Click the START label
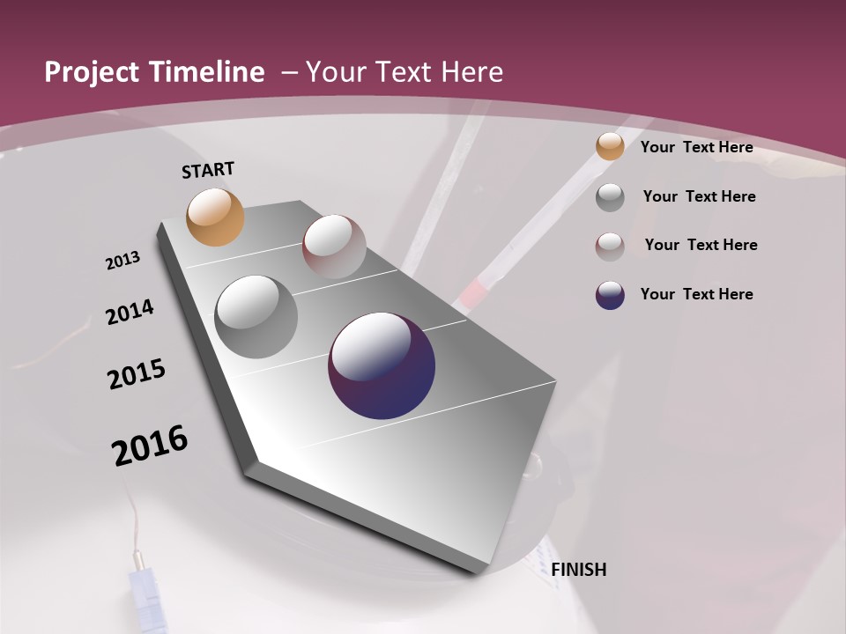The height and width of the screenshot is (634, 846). pyautogui.click(x=208, y=170)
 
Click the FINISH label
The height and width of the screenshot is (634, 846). pyautogui.click(x=578, y=570)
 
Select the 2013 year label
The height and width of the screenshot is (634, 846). pyautogui.click(x=123, y=261)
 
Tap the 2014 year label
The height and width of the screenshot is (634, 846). pyautogui.click(x=130, y=312)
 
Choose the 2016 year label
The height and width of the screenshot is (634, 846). pyautogui.click(x=150, y=446)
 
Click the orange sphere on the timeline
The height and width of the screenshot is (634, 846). pyautogui.click(x=215, y=217)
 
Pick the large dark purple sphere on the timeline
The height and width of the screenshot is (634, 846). pyautogui.click(x=382, y=365)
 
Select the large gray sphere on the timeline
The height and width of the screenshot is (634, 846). pyautogui.click(x=256, y=316)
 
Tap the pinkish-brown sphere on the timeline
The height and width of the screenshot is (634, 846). pyautogui.click(x=334, y=246)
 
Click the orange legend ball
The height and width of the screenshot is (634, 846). pyautogui.click(x=610, y=147)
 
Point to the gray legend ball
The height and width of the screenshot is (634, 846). pyautogui.click(x=610, y=197)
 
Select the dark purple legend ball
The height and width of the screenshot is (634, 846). pyautogui.click(x=610, y=295)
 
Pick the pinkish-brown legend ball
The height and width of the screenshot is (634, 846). pyautogui.click(x=610, y=247)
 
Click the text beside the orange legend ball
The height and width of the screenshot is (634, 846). pyautogui.click(x=696, y=147)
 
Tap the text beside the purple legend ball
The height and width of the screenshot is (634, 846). pyautogui.click(x=696, y=294)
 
